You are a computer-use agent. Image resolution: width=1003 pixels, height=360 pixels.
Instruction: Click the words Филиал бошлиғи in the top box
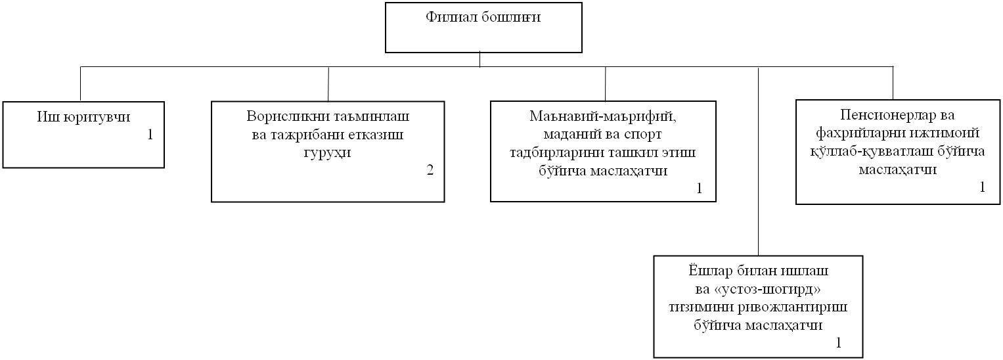pos(483,18)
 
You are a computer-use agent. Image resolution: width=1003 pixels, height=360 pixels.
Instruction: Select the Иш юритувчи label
pos(83,118)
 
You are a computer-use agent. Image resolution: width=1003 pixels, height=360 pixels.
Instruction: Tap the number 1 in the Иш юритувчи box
pos(150,135)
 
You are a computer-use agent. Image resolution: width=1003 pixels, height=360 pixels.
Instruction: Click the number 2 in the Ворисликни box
pos(430,170)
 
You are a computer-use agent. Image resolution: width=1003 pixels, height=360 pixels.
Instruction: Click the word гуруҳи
pos(327,153)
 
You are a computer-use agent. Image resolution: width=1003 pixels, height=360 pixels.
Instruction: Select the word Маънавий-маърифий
pos(603,116)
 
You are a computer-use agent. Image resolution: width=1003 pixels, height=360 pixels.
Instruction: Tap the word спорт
pos(642,134)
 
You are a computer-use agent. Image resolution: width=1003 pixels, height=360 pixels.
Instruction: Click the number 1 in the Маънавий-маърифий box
pos(699,189)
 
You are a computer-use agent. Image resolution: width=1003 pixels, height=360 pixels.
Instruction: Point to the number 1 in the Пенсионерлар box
pos(983,187)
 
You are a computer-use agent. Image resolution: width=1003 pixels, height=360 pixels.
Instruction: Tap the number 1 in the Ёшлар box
pos(839,343)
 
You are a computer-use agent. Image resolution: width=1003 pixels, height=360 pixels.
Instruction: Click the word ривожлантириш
pos(791,307)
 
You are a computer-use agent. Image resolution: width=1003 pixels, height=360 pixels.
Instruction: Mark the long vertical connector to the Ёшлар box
pos(759,162)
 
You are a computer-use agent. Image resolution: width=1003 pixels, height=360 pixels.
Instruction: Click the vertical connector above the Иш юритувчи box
pos(81,83)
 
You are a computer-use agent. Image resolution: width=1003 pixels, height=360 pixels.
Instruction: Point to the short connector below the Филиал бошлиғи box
pos(480,60)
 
